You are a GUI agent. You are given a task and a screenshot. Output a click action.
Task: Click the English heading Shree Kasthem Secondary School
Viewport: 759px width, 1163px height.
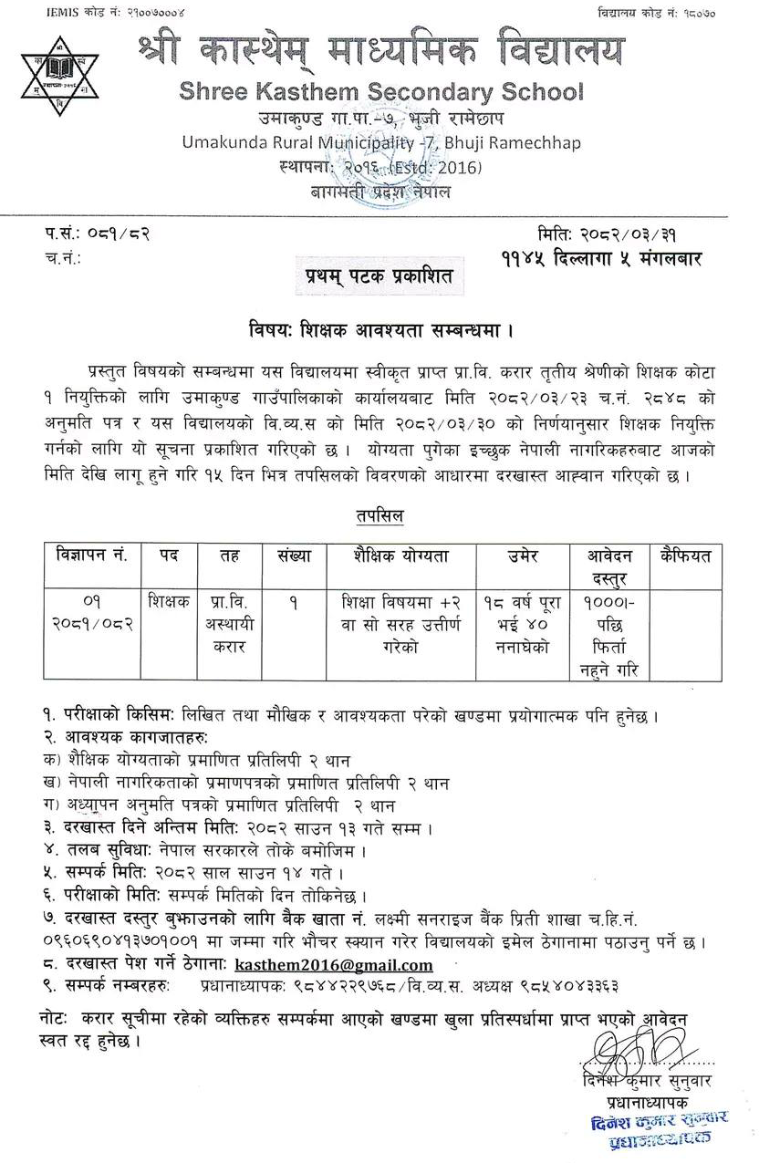point(381,92)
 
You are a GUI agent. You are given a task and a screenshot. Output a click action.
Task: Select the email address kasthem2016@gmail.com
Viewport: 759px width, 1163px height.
point(333,965)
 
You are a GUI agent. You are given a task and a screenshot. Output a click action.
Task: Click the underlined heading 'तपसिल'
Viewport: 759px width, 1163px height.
point(380,516)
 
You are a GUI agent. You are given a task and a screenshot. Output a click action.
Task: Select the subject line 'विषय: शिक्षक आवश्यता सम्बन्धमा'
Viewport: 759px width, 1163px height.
point(379,327)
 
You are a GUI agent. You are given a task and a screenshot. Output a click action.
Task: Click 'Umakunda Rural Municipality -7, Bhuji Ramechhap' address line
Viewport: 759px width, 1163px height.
point(381,143)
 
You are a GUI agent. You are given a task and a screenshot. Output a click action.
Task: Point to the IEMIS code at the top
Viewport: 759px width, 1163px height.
point(74,13)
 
